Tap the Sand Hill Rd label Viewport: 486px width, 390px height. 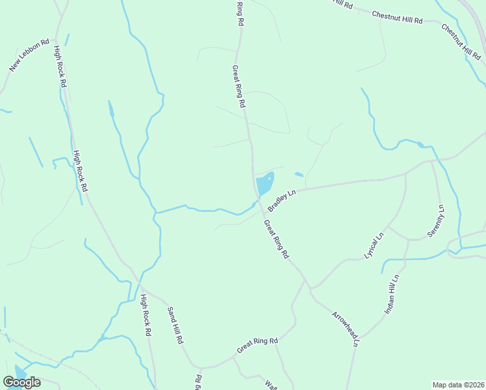click(x=176, y=325)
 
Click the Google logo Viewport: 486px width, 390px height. click(x=21, y=382)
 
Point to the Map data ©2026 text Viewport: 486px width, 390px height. click(x=457, y=385)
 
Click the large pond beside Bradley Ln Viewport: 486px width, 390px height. click(x=264, y=185)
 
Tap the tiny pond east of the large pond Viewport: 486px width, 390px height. click(x=299, y=174)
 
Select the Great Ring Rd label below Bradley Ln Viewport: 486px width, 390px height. click(x=276, y=239)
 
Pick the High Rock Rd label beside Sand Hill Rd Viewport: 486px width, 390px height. click(x=146, y=315)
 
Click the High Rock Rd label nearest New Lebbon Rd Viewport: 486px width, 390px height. click(x=60, y=66)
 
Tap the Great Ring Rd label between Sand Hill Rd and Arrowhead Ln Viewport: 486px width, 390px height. click(x=257, y=345)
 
